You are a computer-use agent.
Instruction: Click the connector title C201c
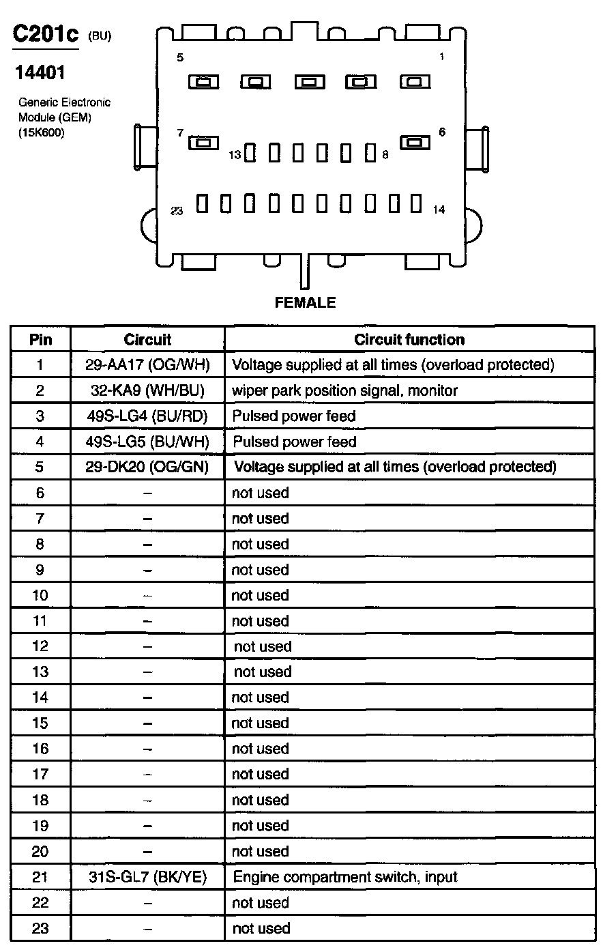click(x=46, y=35)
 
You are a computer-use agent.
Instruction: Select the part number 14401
click(x=40, y=72)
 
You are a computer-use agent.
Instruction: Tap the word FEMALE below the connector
click(x=305, y=302)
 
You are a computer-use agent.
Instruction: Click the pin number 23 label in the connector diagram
click(x=177, y=211)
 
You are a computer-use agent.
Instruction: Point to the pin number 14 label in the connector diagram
click(x=439, y=210)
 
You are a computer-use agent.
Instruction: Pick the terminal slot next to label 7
click(x=203, y=143)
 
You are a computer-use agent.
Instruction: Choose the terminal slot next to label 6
click(x=414, y=142)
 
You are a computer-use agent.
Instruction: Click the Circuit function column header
click(x=409, y=339)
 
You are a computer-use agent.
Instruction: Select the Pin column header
click(x=40, y=339)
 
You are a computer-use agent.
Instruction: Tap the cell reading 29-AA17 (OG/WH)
click(x=147, y=365)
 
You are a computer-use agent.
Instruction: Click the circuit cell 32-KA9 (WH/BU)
click(x=147, y=390)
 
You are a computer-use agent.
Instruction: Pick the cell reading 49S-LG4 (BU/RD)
click(x=147, y=416)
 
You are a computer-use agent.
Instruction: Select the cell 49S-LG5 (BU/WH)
click(x=147, y=442)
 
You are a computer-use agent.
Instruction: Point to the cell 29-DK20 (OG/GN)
click(x=147, y=467)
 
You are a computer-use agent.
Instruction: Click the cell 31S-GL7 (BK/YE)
click(x=147, y=877)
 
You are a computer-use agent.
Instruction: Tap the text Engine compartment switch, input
click(x=345, y=877)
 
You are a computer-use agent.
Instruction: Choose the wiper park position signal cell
click(x=344, y=390)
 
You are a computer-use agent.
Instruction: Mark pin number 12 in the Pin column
click(x=40, y=646)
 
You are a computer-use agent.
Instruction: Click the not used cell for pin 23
click(x=261, y=928)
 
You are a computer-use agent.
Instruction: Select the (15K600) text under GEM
click(x=41, y=133)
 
